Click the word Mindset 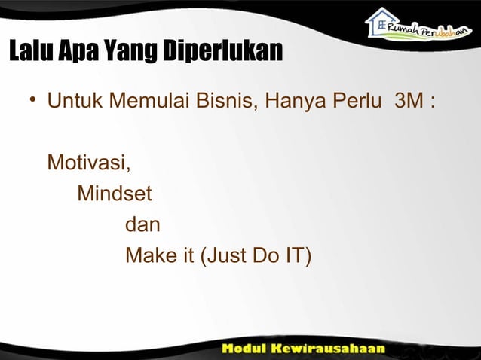coord(115,194)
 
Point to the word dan coord(142,225)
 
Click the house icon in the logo coord(381,22)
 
